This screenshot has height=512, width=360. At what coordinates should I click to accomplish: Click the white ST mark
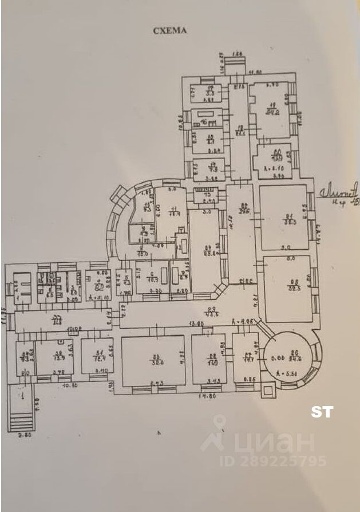[322, 411]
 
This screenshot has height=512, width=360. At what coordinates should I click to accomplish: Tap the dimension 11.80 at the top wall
[255, 72]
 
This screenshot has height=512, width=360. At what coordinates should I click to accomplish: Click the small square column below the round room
[267, 393]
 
